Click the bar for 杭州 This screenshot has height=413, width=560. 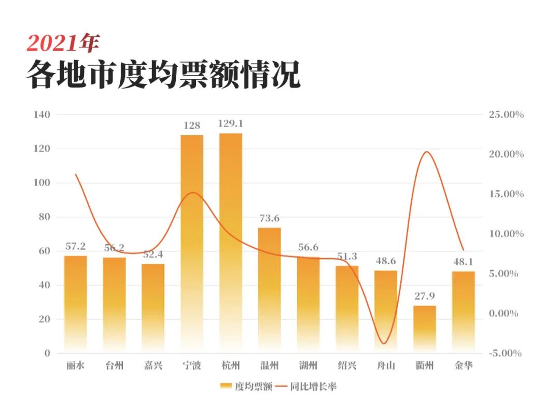[x=231, y=244]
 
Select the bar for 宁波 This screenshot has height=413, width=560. [x=192, y=244]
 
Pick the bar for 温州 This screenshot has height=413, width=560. [x=270, y=290]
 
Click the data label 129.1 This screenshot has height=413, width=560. [x=231, y=124]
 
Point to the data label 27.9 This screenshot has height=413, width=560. [x=425, y=296]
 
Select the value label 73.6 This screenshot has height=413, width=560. [x=270, y=218]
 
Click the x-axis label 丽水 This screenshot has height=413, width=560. [x=76, y=366]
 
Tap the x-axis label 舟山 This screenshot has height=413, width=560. [x=386, y=366]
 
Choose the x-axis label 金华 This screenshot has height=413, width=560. [x=463, y=366]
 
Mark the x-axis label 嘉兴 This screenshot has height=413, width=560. [x=153, y=366]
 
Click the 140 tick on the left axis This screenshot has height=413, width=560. [x=42, y=115]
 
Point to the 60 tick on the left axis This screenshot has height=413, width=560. [x=45, y=251]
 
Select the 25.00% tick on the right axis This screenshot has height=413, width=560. [x=506, y=115]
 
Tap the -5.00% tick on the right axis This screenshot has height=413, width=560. [x=506, y=353]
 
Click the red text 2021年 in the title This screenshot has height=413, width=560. [x=62, y=44]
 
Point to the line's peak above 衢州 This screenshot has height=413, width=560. [x=426, y=152]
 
